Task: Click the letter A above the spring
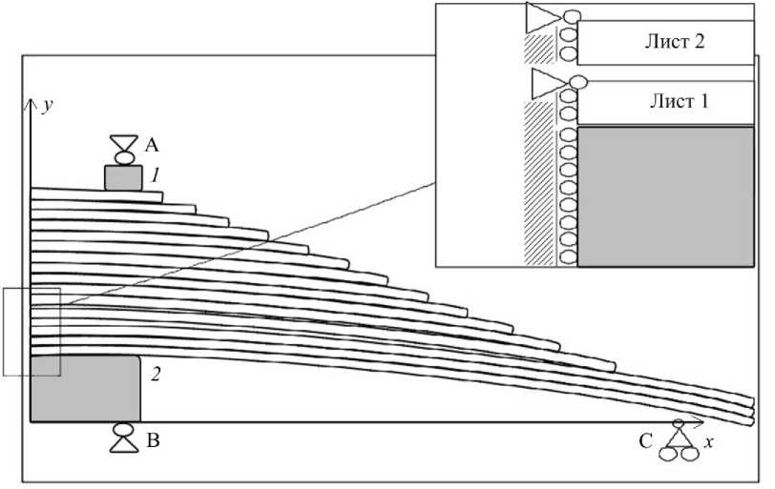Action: [x=151, y=145]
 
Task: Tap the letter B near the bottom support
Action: [x=151, y=441]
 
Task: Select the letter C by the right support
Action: [x=647, y=440]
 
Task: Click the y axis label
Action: [x=46, y=105]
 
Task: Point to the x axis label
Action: [x=709, y=442]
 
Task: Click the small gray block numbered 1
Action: [x=123, y=178]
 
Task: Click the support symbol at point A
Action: [x=123, y=149]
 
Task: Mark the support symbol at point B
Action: [x=123, y=438]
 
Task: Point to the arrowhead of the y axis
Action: [x=31, y=100]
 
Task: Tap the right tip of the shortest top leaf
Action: [x=161, y=197]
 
